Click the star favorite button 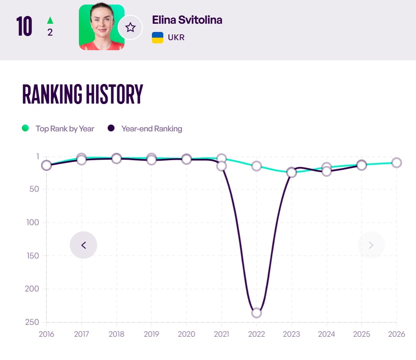130,27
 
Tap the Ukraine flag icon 157,37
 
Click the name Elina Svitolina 187,20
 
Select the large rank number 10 24,26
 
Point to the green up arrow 50,20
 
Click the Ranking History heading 83,94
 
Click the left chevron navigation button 83,245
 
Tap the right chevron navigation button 371,245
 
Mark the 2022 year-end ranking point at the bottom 256,313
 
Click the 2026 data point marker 396,162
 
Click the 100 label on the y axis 33,222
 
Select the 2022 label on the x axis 256,334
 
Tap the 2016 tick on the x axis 47,334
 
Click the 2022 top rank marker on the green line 256,166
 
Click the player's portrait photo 101,27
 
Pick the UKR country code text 176,37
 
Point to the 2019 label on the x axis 151,334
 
